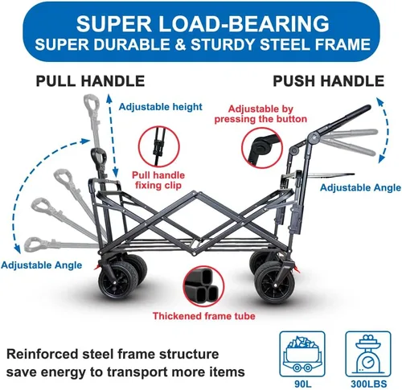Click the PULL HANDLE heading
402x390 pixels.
[x=90, y=81]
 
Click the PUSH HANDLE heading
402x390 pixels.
[x=329, y=81]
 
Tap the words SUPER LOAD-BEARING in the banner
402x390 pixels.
[x=203, y=23]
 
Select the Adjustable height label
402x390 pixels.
[x=160, y=107]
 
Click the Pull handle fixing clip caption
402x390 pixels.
[x=158, y=180]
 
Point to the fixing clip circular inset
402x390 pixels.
[x=159, y=147]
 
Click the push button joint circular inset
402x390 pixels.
[x=262, y=148]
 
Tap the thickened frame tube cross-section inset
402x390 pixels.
[x=203, y=286]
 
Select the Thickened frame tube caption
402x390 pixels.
[x=203, y=316]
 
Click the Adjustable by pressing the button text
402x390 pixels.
[x=260, y=114]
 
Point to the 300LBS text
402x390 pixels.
[x=369, y=384]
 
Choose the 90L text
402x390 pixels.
[x=302, y=384]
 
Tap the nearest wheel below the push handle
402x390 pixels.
[x=274, y=283]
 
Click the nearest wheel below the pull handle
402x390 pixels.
[x=118, y=281]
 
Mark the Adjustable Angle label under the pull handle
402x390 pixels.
[x=42, y=265]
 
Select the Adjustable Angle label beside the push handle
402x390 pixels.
[x=360, y=187]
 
